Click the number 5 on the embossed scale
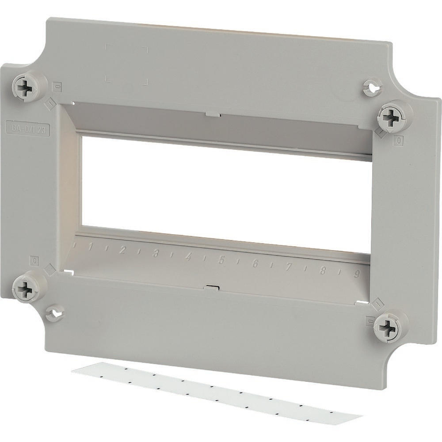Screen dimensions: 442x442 pyautogui.click(x=221, y=260)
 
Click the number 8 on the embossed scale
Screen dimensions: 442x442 pyautogui.click(x=322, y=270)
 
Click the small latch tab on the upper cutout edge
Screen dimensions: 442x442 pyautogui.click(x=213, y=115)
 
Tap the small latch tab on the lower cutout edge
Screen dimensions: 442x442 pyautogui.click(x=212, y=288)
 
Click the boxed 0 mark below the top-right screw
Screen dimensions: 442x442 pyautogui.click(x=399, y=141)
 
